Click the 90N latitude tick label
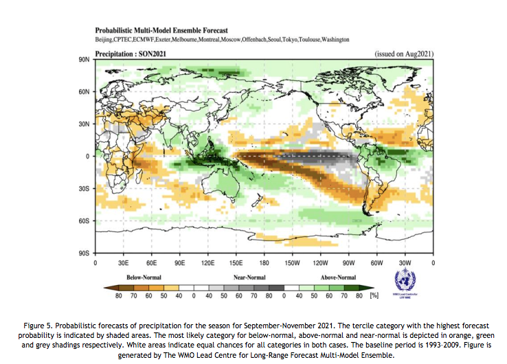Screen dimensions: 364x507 point(84,60)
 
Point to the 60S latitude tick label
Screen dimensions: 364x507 point(85,220)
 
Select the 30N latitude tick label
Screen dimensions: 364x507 point(84,124)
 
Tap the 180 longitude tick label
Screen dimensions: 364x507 point(264,263)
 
